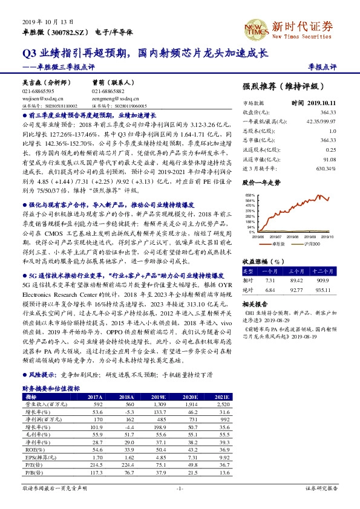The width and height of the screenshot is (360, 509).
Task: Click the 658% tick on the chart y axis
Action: point(249,195)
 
